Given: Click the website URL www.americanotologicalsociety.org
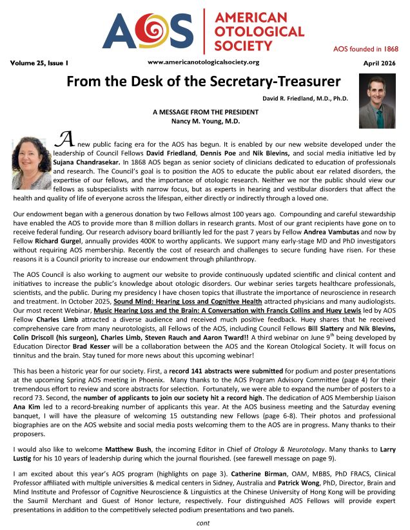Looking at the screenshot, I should pos(203,62).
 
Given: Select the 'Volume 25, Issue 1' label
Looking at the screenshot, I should pos(39,63).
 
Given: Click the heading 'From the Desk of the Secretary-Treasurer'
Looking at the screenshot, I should pos(205,82).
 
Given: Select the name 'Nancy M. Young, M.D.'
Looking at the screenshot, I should pos(206,120).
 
